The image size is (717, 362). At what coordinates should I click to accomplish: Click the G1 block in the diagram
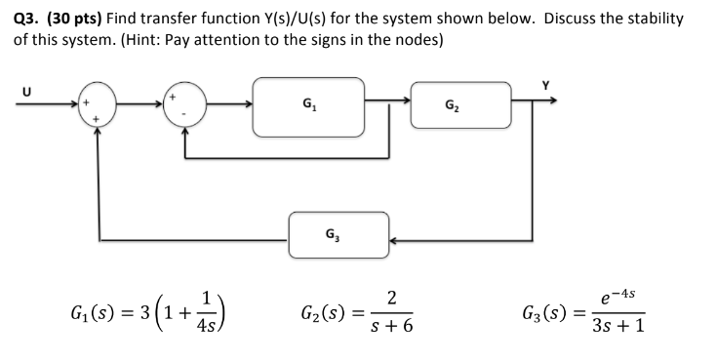click(x=308, y=105)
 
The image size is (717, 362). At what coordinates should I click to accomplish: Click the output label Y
click(x=546, y=87)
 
